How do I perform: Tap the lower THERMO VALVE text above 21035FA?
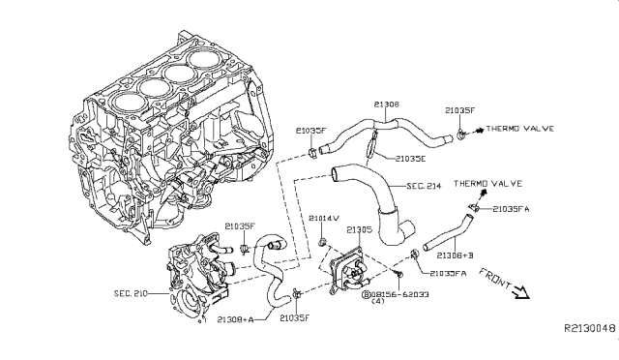(488, 183)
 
